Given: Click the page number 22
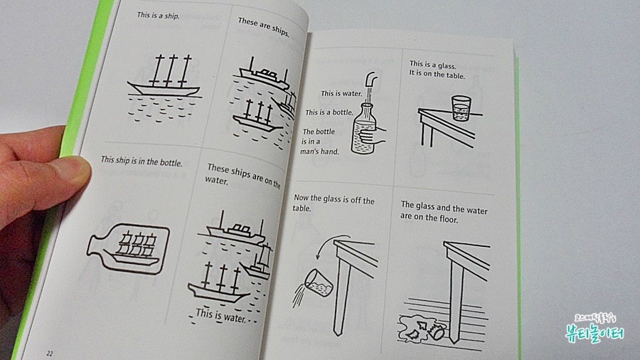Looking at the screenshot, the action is (50, 354).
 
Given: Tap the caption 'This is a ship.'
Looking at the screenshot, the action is (158, 16).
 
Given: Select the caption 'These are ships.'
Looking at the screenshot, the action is (264, 26).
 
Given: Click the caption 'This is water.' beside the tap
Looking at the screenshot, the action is (341, 93).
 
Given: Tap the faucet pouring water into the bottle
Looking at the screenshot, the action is (370, 79).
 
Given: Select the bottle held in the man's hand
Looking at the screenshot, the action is (363, 129).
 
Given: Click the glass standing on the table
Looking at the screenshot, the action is (462, 108).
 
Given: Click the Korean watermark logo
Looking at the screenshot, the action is (594, 328).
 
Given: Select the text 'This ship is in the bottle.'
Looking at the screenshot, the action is (142, 162).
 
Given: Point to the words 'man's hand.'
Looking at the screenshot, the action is (319, 152).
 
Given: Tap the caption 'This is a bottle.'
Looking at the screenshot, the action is (329, 112).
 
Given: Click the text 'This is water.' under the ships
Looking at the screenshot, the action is (221, 314).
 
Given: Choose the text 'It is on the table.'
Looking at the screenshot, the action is (437, 75).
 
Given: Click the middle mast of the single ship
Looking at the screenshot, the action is (172, 70).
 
